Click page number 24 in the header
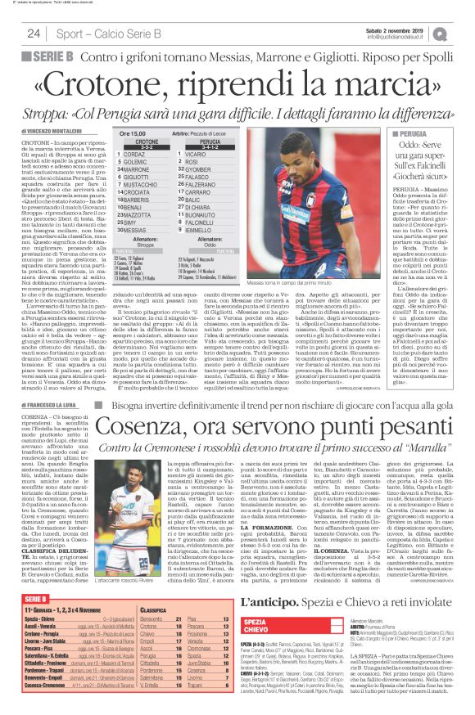pos(34,34)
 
